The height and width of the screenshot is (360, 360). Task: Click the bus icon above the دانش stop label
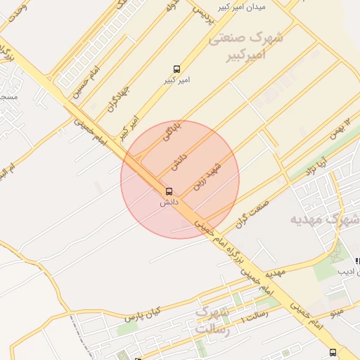coord(168,191)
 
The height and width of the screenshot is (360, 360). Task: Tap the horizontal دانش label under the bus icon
coord(169,202)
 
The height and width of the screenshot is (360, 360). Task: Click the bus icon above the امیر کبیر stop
coord(176,69)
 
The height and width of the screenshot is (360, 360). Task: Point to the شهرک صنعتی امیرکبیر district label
coord(246,46)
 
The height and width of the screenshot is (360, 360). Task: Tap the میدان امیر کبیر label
coord(241,6)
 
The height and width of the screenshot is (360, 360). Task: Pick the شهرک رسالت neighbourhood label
coord(211,320)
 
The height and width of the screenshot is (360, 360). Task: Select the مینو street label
coord(337,311)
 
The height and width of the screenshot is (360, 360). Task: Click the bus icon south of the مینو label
coord(333,353)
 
